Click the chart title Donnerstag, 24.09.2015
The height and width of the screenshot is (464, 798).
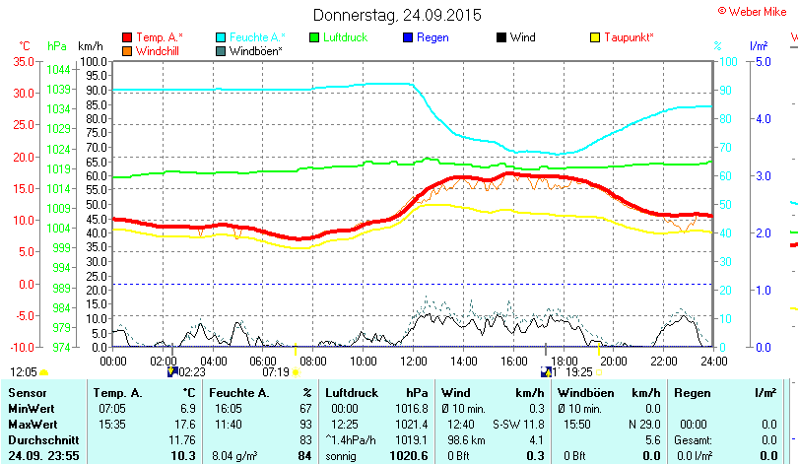click(x=397, y=15)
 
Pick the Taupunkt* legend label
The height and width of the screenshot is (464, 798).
click(x=629, y=37)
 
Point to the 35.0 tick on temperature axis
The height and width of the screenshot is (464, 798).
click(x=21, y=61)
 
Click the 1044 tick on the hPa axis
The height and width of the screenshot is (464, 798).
click(x=58, y=69)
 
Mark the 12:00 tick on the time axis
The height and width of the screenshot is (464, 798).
click(x=412, y=361)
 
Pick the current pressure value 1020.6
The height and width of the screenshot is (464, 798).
click(x=409, y=456)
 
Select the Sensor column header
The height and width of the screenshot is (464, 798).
click(x=27, y=393)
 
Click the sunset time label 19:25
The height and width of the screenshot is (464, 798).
click(x=579, y=372)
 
